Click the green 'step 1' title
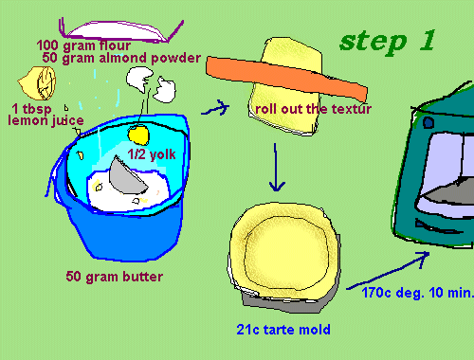388,42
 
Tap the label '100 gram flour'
83,45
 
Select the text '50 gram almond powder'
121,58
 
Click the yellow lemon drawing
37,82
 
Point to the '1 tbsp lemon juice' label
46,115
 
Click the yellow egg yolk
138,134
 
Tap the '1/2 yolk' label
152,154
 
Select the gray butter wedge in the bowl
126,177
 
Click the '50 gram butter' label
115,277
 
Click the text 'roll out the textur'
313,109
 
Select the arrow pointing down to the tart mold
277,168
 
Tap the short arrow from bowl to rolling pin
216,108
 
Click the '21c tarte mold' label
283,330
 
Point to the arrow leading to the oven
388,271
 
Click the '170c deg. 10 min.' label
418,293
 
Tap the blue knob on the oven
428,122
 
